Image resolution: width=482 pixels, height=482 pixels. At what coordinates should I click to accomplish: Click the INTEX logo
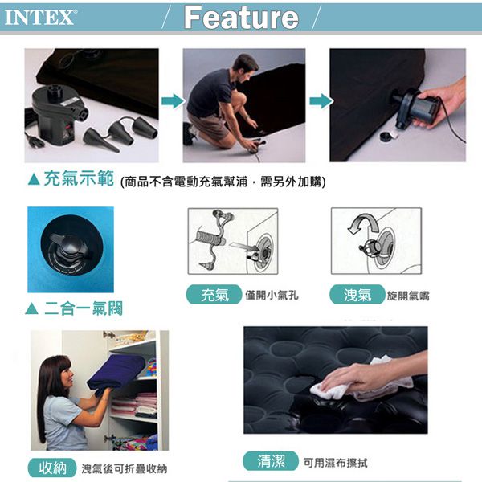click(40, 17)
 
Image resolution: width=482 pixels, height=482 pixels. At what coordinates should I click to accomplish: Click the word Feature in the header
click(241, 18)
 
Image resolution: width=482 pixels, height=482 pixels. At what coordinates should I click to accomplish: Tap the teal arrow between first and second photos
click(173, 101)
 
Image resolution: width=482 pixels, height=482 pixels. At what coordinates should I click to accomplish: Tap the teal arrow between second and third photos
click(321, 101)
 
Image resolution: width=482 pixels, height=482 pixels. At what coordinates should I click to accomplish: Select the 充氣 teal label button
click(214, 295)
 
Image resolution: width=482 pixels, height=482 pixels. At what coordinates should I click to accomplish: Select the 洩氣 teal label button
click(357, 295)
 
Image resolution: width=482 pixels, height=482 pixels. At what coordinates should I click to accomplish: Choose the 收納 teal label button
click(52, 468)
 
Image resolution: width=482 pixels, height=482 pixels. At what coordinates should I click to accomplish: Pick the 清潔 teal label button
click(271, 461)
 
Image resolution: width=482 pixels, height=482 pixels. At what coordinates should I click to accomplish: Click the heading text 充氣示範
click(79, 178)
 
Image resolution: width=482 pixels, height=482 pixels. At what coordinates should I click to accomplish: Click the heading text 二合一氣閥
click(84, 308)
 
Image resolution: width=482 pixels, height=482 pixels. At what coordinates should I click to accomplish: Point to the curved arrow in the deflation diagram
click(363, 223)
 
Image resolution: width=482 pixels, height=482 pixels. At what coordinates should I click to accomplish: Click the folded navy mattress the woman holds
click(116, 374)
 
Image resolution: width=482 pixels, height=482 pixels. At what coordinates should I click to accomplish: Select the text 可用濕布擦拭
click(335, 463)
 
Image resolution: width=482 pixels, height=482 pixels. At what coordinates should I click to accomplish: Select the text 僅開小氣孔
click(272, 295)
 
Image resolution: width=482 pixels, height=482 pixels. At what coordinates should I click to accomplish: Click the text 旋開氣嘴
click(408, 296)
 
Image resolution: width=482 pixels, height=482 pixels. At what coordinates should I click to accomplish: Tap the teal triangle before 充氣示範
click(34, 179)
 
